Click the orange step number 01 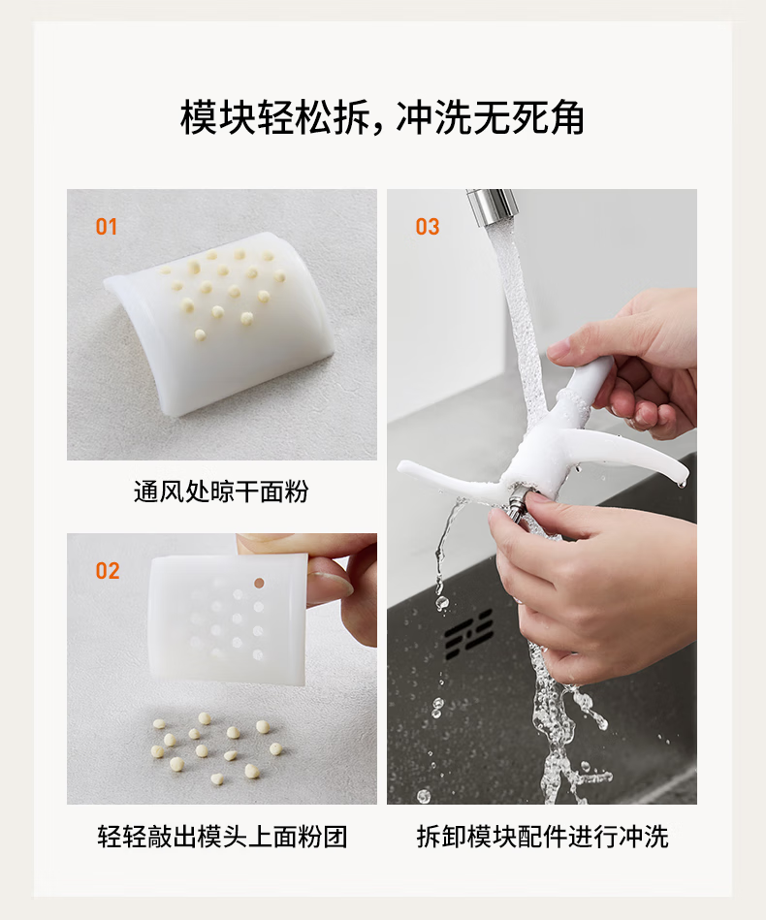(x=107, y=227)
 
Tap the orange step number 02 (x=108, y=570)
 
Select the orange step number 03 (x=428, y=227)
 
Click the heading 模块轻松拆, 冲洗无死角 (x=382, y=117)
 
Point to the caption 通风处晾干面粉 (x=221, y=492)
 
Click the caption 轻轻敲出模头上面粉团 (x=222, y=836)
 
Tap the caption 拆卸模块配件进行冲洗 (x=542, y=836)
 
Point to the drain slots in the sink (x=468, y=634)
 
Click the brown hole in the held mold (x=259, y=584)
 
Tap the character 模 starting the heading (x=199, y=117)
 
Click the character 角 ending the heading (x=565, y=117)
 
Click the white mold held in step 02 (x=229, y=619)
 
